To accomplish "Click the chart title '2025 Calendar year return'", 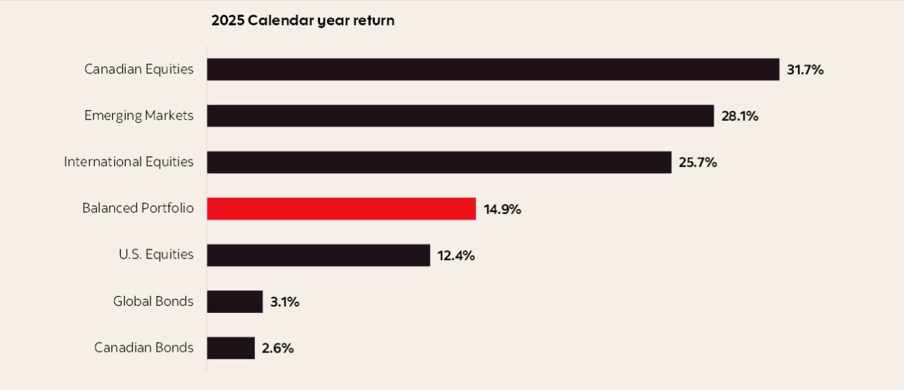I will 302,20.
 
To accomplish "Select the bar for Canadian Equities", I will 493,69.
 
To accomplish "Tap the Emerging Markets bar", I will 460,116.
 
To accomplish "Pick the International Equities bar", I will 439,162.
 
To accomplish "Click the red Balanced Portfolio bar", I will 341,208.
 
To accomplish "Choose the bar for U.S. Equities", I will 318,255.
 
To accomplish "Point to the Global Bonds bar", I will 234,302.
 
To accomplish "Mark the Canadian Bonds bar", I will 230,348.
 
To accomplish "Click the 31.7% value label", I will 805,70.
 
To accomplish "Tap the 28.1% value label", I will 739,117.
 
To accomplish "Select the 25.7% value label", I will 698,162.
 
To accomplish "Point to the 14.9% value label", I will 502,209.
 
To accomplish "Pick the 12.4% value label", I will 456,256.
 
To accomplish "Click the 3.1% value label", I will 285,302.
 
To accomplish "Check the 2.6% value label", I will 278,348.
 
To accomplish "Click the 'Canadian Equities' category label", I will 138,69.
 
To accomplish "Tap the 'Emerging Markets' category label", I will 138,116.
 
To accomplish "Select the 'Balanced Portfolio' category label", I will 138,208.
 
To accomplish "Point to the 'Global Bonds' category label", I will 153,302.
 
